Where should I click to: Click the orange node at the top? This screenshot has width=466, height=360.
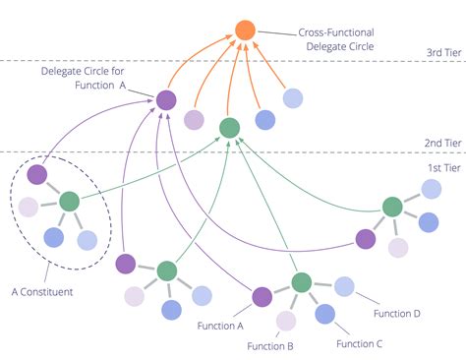click(246, 31)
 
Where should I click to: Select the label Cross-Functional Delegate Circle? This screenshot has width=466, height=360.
click(342, 38)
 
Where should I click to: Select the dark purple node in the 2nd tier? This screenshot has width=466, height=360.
click(165, 99)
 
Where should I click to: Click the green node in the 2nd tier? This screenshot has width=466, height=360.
click(229, 128)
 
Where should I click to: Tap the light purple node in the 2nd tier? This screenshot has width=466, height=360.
click(195, 120)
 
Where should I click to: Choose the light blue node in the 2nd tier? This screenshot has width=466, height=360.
click(293, 97)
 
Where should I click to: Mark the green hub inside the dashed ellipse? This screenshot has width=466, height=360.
click(69, 202)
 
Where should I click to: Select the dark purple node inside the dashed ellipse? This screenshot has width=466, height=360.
click(37, 175)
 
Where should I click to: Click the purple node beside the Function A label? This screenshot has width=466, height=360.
click(262, 296)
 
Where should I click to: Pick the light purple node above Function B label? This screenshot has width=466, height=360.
click(286, 320)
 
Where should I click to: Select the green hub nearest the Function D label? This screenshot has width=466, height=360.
click(302, 283)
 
